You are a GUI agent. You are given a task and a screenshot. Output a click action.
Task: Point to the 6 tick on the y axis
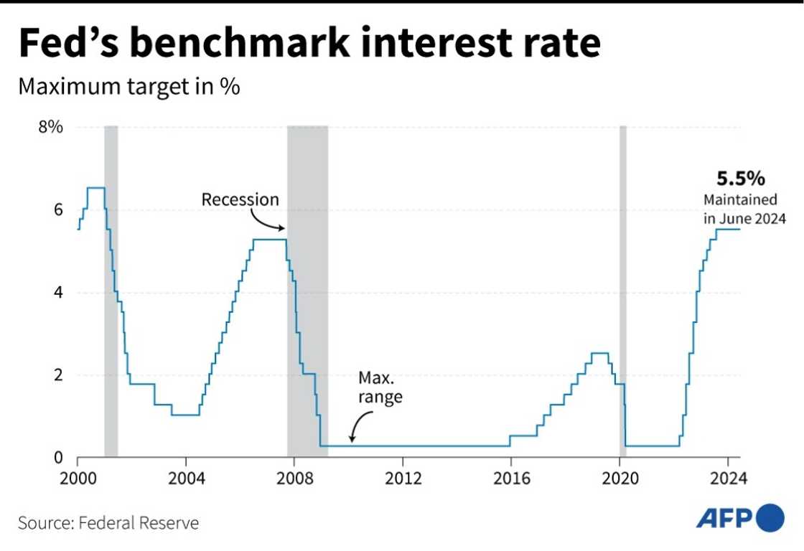coord(58,209)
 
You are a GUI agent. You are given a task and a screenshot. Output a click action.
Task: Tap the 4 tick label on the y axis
coord(58,293)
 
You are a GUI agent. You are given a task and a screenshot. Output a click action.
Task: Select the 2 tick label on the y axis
coord(58,375)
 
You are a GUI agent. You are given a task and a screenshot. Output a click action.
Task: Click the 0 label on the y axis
coord(58,458)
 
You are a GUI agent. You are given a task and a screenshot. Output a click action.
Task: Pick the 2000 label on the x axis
coord(78,478)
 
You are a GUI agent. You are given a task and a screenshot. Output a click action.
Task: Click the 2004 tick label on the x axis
coord(185,478)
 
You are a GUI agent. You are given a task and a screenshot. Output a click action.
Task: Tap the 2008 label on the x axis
coord(294,478)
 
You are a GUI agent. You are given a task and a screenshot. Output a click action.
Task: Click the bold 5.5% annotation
coord(731,179)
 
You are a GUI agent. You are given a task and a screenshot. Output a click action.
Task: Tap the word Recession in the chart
coord(240,199)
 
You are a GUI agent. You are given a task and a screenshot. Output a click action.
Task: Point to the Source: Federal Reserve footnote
coord(108,522)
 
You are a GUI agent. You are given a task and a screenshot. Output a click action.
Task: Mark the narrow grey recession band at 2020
coord(622,287)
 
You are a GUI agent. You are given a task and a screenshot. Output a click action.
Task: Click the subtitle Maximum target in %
coord(128,87)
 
